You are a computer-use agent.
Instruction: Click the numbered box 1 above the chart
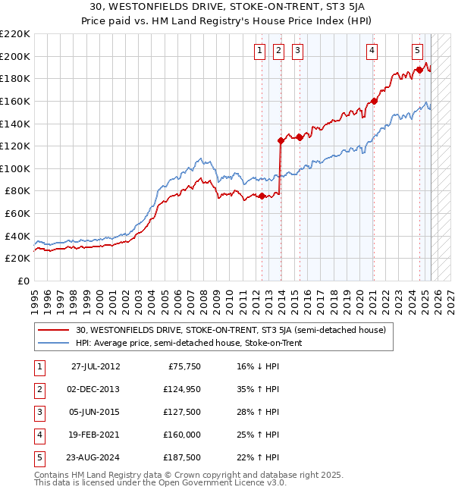click(x=259, y=51)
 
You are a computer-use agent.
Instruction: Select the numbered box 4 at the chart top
click(x=372, y=51)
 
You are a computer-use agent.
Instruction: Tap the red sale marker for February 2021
click(x=373, y=101)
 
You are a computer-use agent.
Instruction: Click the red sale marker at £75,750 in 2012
click(x=262, y=196)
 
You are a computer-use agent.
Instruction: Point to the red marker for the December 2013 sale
click(x=281, y=140)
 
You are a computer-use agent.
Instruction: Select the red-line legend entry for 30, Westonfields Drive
click(x=231, y=330)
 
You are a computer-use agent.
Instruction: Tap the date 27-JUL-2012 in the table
click(x=96, y=366)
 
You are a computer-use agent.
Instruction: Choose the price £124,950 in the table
click(x=181, y=389)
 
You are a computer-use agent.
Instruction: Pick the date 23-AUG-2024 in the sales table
click(x=96, y=457)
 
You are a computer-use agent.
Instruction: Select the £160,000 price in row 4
click(x=181, y=435)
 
